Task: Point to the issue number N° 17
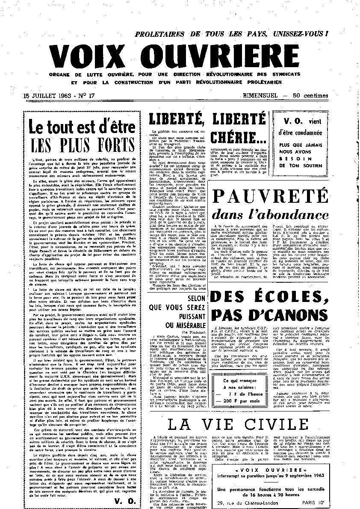point(85,96)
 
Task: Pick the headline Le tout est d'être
point(82,127)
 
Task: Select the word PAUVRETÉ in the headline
point(271,196)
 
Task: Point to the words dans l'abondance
point(271,213)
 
